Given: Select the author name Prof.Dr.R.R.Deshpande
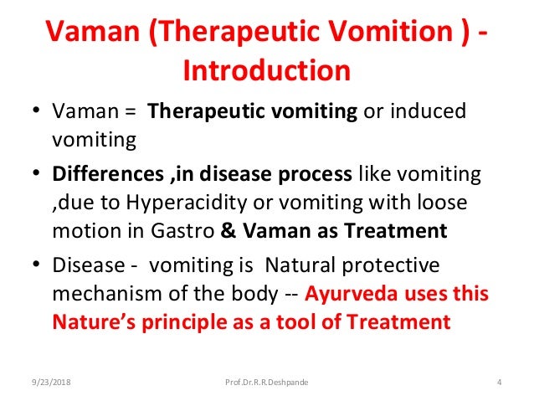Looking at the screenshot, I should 267,383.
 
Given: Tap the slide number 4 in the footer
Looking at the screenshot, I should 499,383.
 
